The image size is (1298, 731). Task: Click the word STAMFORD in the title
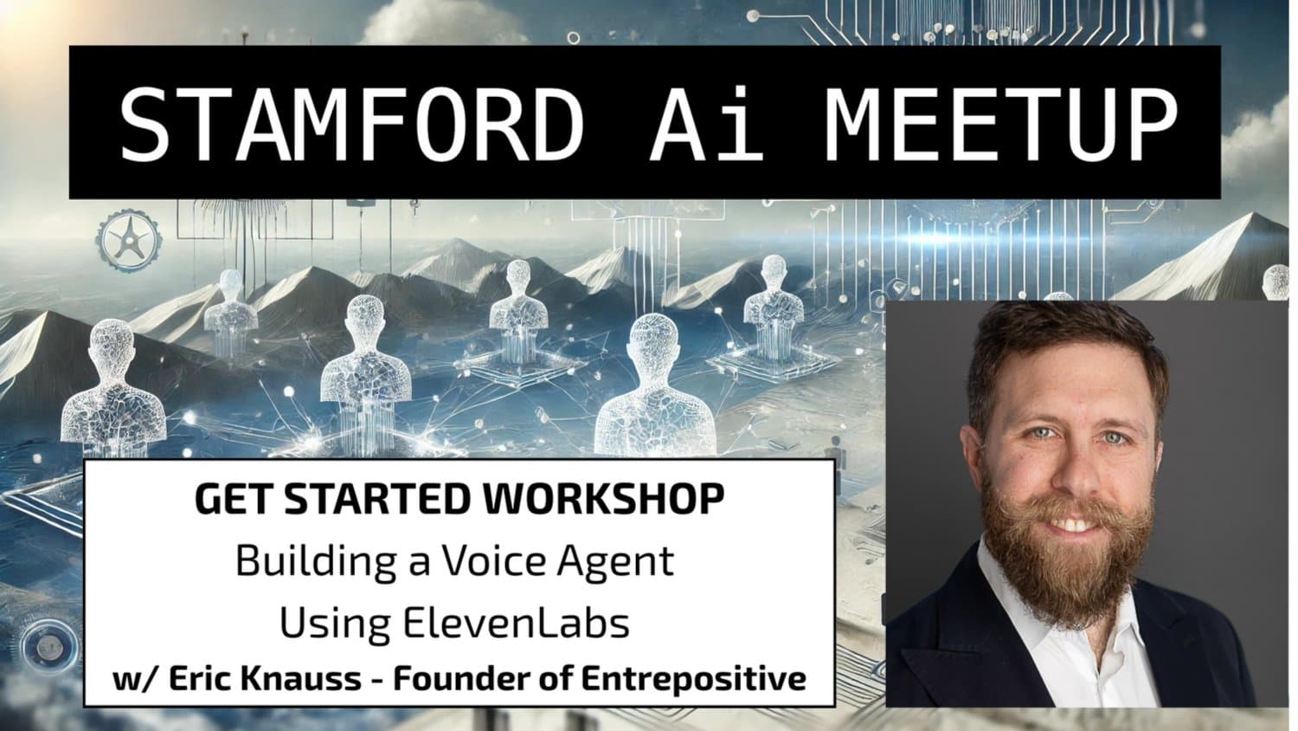point(351,124)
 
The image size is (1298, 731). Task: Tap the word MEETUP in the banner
point(1000,124)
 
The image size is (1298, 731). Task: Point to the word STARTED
point(376,499)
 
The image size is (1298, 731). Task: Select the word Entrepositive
point(694,680)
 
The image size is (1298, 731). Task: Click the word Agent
point(616,562)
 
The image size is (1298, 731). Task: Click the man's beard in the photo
point(1065,557)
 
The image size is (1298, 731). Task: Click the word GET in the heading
point(233,499)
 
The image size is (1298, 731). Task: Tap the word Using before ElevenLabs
point(335,624)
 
